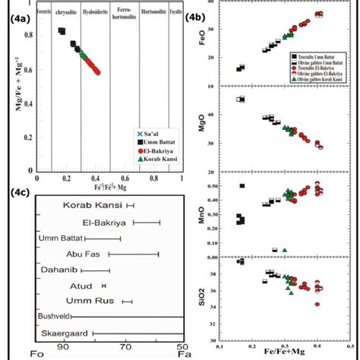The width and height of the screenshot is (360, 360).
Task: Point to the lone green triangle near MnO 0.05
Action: click(284, 249)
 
